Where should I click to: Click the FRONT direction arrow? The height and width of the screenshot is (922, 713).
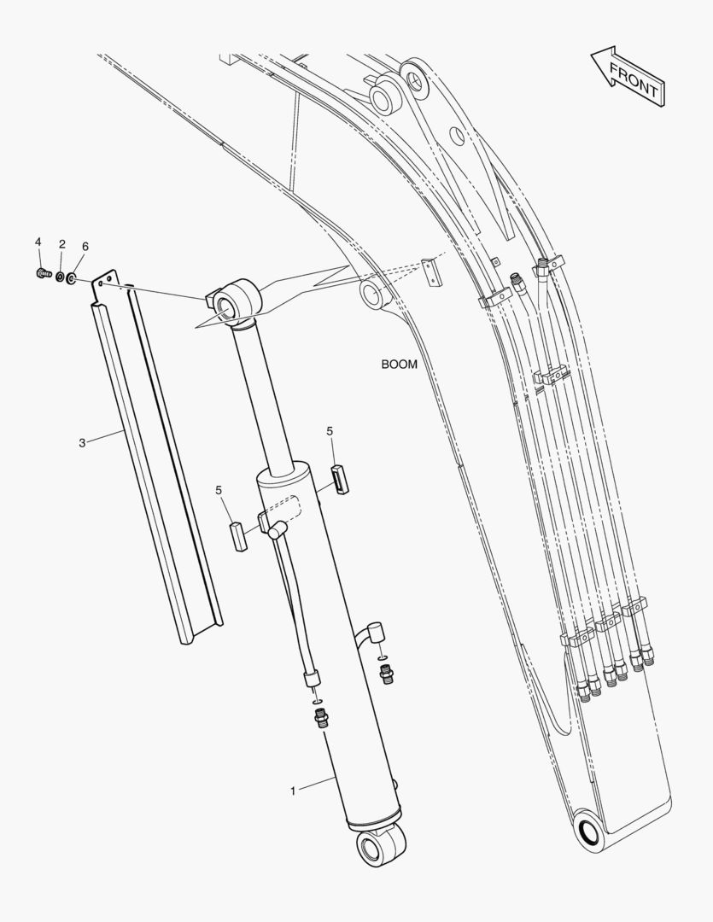coord(628,77)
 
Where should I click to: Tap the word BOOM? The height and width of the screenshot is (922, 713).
coord(400,364)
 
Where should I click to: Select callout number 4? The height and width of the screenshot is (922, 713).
coord(38,242)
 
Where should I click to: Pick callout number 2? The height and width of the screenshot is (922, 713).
coord(61,244)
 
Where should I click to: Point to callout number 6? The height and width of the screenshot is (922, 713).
coord(85,247)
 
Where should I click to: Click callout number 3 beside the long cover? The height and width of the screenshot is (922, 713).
coord(82,442)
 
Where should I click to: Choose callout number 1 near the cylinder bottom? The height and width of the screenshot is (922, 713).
coord(293,791)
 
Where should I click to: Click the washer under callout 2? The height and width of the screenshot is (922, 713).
coord(60,276)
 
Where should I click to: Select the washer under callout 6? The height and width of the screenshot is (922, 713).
coord(71,277)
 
